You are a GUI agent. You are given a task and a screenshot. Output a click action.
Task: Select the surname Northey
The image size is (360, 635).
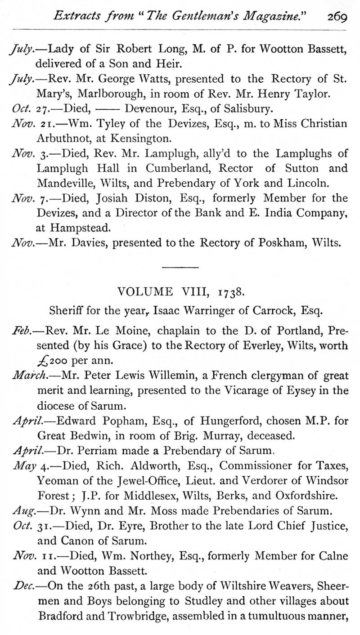[151, 556]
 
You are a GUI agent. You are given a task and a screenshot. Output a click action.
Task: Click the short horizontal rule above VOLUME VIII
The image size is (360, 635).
[180, 268]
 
